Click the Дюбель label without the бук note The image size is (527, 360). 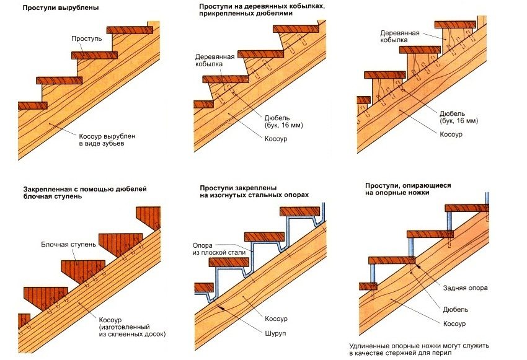[x=455, y=309]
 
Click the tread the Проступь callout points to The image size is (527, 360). [x=95, y=55]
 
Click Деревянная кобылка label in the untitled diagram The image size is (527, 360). [x=395, y=36]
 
